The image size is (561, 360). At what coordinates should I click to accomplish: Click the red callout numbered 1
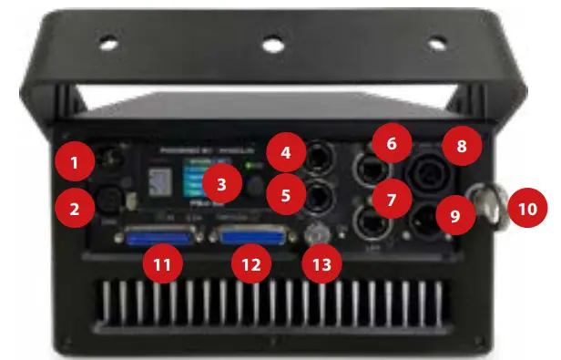pyautogui.click(x=75, y=164)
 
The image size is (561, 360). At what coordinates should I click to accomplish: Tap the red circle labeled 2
pyautogui.click(x=75, y=210)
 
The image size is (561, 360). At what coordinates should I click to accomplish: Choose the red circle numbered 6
pyautogui.click(x=391, y=145)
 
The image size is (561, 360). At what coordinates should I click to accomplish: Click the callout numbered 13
pyautogui.click(x=324, y=265)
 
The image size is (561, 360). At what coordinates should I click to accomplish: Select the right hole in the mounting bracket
pyautogui.click(x=436, y=41)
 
